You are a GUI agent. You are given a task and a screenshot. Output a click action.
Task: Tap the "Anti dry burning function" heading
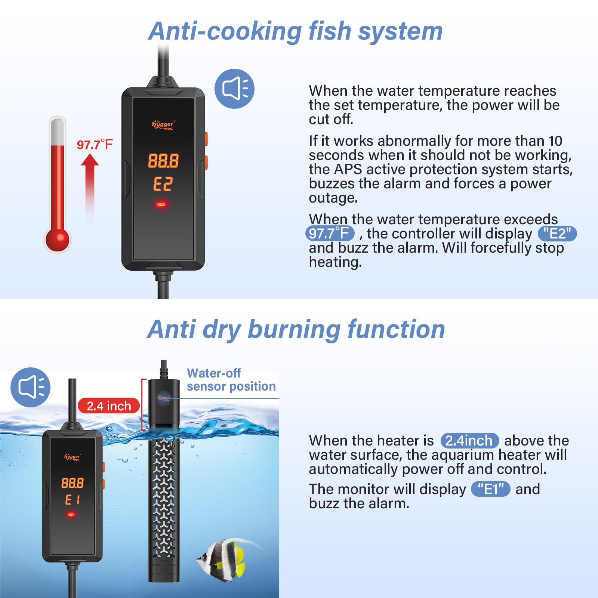pos(296,329)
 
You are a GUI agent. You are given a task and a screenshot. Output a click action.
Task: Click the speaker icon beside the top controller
pos(234,89)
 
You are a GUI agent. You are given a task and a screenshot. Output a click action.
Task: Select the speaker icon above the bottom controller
pos(30,387)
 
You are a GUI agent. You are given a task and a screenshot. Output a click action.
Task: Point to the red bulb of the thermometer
pos(57,239)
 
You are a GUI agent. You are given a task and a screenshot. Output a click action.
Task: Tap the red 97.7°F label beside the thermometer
pos(94,145)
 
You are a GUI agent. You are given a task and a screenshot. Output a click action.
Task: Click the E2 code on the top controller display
pos(163,184)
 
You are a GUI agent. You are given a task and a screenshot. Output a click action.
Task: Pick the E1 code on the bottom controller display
pos(72,500)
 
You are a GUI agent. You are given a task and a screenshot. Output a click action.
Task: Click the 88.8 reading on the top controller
pos(163,161)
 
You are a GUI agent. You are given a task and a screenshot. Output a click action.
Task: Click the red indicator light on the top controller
pos(161,204)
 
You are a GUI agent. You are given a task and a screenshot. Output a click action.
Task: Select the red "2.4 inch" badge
pos(109,406)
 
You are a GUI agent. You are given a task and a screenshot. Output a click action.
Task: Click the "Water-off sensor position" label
pos(231,380)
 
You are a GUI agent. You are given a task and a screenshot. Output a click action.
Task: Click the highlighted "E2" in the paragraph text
pos(557,234)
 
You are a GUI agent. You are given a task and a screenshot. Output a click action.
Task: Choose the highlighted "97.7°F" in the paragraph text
pos(330,234)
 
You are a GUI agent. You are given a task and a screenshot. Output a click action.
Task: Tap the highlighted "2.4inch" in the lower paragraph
pos(469,441)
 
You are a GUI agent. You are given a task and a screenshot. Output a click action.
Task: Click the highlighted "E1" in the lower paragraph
pos(490,489)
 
